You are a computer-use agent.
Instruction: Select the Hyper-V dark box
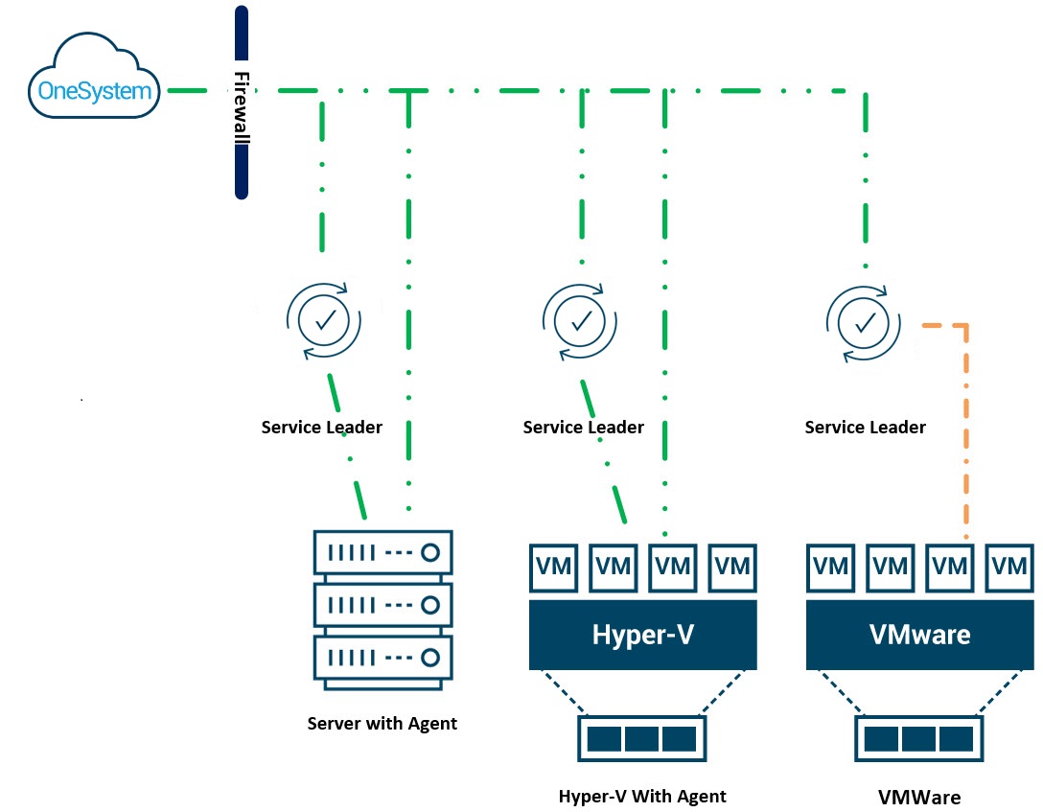(642, 635)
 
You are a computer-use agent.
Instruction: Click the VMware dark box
(919, 635)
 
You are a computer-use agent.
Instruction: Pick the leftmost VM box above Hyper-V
(554, 567)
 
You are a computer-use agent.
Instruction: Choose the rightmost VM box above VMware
(1009, 567)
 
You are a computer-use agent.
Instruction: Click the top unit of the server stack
(383, 552)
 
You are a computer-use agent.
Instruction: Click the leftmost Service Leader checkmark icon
(325, 318)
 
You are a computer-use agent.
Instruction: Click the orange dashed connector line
(966, 431)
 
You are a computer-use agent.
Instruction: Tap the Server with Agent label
(382, 724)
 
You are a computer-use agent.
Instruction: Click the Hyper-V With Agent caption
(642, 796)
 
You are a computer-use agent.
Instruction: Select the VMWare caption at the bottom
(919, 797)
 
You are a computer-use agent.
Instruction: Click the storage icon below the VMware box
(919, 739)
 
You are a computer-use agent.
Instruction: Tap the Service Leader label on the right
(865, 428)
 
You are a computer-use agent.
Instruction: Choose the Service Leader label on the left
(321, 428)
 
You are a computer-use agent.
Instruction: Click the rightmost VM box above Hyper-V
(732, 567)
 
